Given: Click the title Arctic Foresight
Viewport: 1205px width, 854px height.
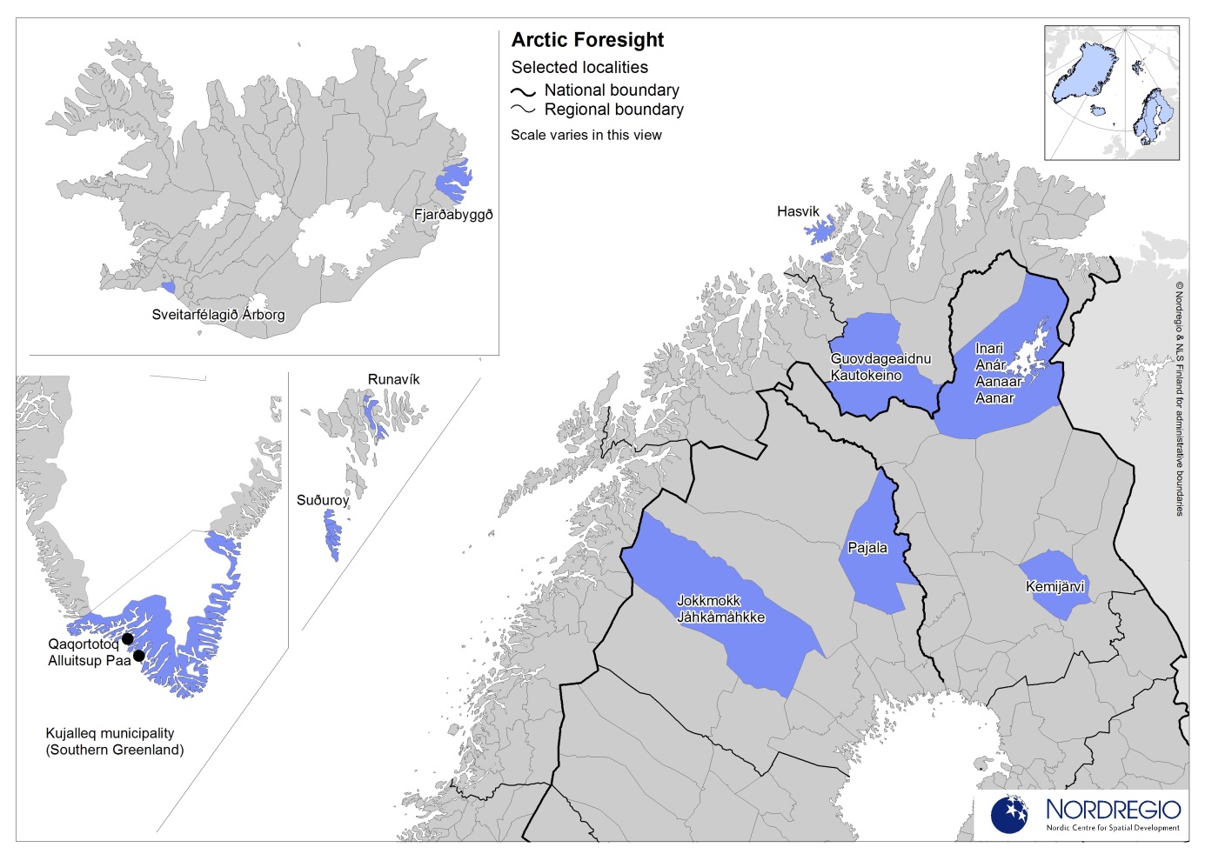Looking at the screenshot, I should [587, 40].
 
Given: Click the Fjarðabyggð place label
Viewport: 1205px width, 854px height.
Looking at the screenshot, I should [453, 215].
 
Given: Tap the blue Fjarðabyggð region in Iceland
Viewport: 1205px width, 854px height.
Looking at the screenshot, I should [452, 182].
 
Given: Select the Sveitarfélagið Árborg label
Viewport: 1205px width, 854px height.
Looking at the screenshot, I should [218, 315].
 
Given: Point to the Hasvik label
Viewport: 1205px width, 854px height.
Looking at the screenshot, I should [798, 211].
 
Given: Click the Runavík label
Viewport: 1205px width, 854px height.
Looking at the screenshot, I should [393, 379].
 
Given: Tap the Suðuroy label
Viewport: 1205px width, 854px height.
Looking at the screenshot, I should [323, 500].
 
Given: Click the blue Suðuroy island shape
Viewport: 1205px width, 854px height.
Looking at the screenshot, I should [332, 533].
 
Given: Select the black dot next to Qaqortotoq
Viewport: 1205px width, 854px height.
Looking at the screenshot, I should [127, 638].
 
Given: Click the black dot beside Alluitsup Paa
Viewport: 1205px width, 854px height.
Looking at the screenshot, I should [138, 656].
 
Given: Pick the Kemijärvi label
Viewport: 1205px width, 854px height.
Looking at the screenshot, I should [1054, 586].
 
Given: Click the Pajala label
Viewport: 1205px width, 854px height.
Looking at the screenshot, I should [867, 548].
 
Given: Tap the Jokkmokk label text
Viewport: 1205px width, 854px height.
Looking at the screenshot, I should [708, 601].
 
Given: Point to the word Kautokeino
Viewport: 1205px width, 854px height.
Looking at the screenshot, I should [866, 376].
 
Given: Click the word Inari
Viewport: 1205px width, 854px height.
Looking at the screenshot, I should [989, 349].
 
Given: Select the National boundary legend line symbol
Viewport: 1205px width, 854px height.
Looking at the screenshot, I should [523, 90].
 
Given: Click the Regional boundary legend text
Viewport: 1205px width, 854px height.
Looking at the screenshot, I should [613, 110].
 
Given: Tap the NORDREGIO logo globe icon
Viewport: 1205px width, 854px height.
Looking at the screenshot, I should [1009, 814].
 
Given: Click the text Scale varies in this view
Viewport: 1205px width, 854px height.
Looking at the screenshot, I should [586, 135].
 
